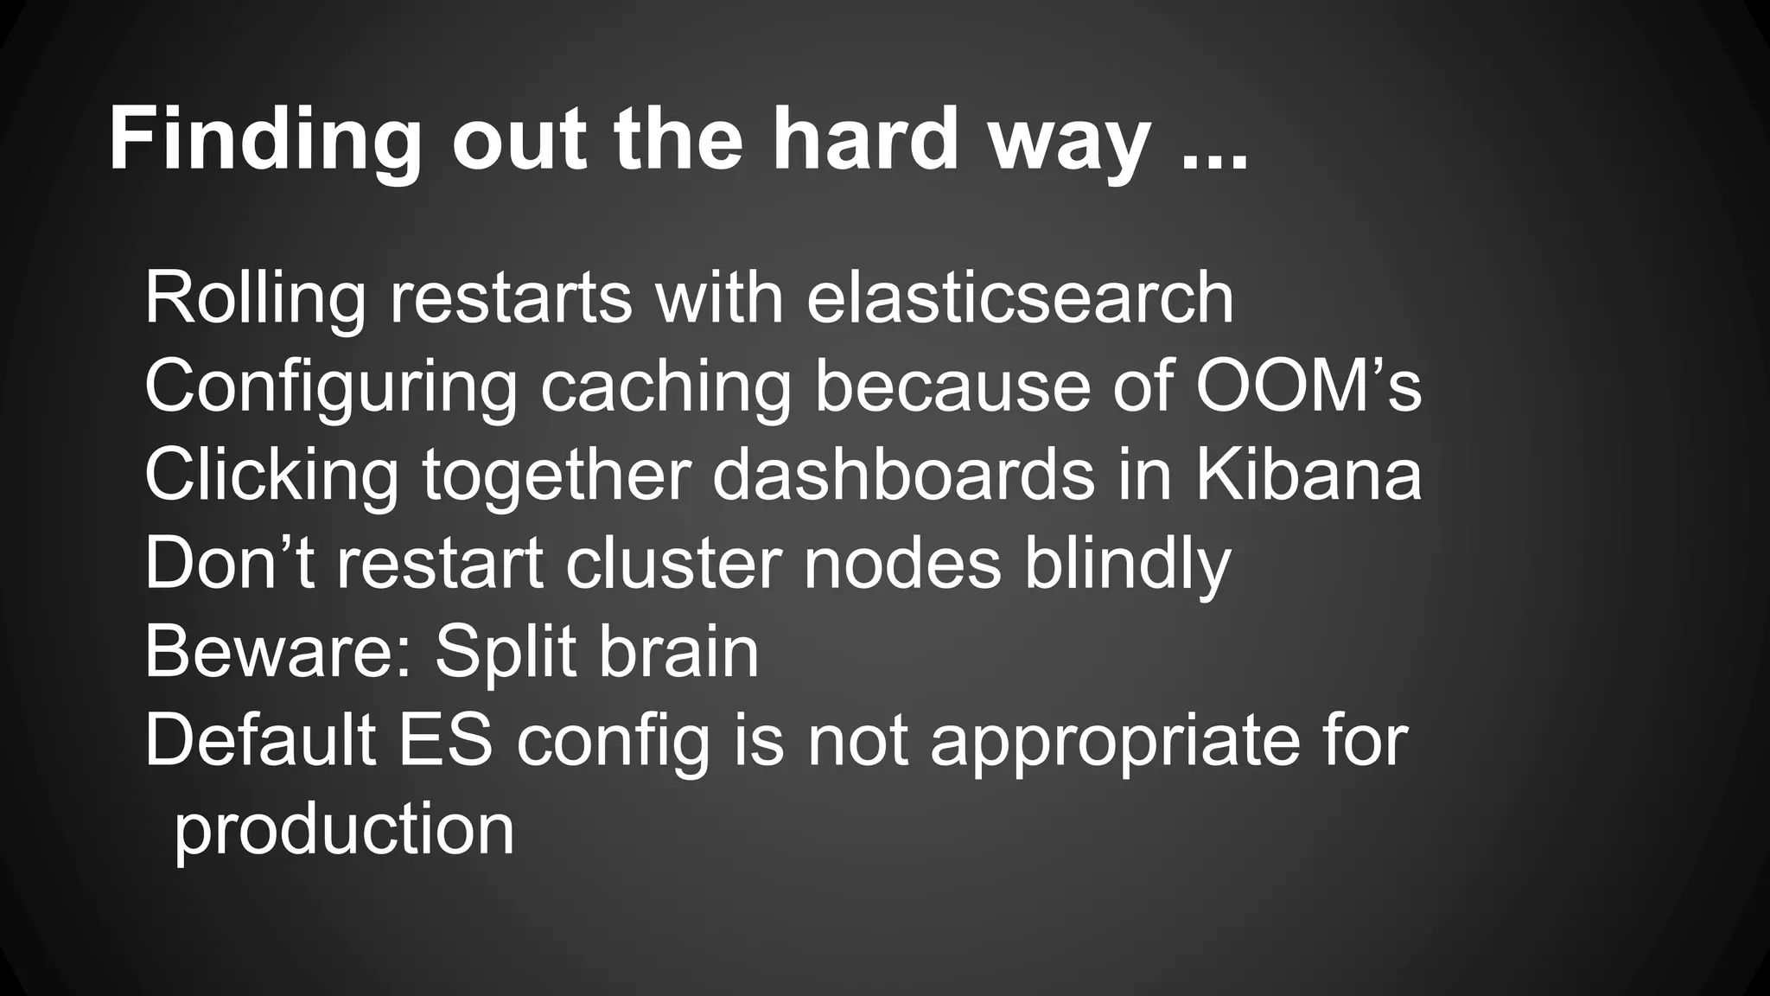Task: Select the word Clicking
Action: point(271,476)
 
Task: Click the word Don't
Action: point(230,564)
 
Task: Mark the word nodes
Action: point(902,564)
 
